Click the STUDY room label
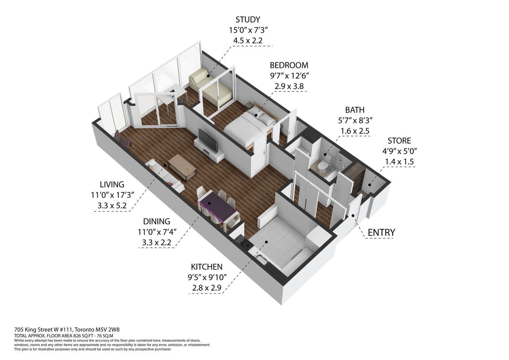pos(248,20)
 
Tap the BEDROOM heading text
pos(289,65)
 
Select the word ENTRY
pos(381,232)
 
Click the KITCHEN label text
pos(207,267)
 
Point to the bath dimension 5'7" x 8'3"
pos(355,120)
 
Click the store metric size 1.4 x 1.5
pos(399,162)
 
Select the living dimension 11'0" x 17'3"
pos(112,195)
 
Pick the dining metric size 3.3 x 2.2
pos(156,243)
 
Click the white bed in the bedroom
pos(248,127)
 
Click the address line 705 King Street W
pos(44,329)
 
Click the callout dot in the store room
pos(370,185)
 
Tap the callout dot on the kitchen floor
pos(266,242)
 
